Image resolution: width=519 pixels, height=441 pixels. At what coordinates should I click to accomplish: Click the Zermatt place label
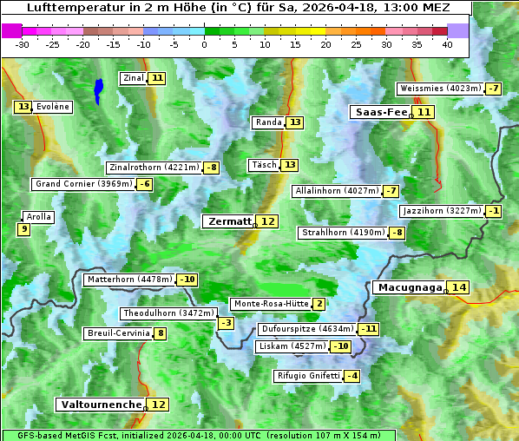pos(228,221)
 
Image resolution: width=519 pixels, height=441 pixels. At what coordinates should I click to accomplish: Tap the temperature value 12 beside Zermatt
pos(268,221)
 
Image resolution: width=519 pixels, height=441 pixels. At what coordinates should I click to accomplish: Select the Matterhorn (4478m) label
pos(128,280)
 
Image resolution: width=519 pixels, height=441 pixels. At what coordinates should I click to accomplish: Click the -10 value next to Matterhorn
pos(187,280)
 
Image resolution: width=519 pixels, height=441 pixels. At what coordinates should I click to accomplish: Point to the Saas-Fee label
pos(379,112)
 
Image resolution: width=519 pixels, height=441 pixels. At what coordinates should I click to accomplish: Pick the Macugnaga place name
pos(409,287)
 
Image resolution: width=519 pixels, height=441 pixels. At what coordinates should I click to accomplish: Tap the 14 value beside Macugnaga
pos(458,287)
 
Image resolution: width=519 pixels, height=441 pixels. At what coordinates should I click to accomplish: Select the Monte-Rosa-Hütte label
pos(270,304)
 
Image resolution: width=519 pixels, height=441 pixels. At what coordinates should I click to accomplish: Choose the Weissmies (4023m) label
pos(439,89)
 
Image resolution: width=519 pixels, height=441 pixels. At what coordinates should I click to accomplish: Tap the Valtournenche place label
pos(100,405)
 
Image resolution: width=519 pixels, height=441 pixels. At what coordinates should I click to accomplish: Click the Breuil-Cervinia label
pos(117,333)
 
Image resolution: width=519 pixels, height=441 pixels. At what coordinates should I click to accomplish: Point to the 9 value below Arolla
pos(23,229)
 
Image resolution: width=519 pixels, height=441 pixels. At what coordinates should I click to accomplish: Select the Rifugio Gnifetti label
pos(307,376)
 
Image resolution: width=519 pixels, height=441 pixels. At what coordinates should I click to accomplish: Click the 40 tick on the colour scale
pos(447,44)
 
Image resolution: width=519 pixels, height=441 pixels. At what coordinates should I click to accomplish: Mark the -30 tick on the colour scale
pos(23,44)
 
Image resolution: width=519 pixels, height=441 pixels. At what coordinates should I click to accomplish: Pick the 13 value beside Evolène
pos(23,107)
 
